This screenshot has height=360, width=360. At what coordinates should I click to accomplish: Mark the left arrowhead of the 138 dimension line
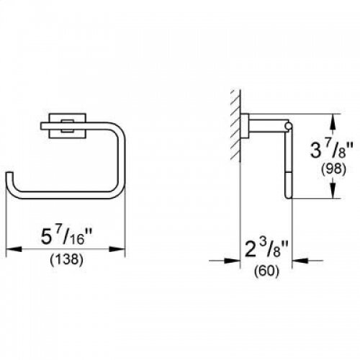coord(12,248)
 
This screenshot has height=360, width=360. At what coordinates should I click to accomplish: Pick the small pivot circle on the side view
coord(289,127)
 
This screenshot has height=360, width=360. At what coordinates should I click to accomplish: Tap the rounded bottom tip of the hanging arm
coord(288,195)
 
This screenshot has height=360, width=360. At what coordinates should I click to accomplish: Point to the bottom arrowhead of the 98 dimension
coord(331,193)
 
